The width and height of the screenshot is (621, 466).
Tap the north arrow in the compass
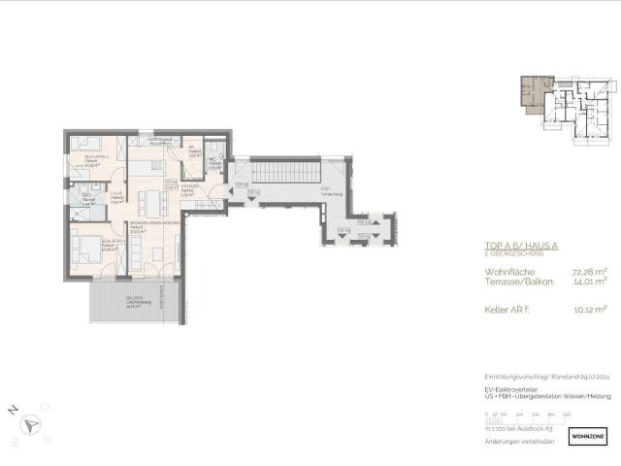(33, 424)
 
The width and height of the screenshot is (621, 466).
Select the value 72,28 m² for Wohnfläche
(586, 272)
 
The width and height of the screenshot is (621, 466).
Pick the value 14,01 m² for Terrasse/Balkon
(586, 283)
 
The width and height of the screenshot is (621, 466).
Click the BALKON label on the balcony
(134, 298)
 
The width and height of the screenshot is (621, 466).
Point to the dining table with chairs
(148, 203)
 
